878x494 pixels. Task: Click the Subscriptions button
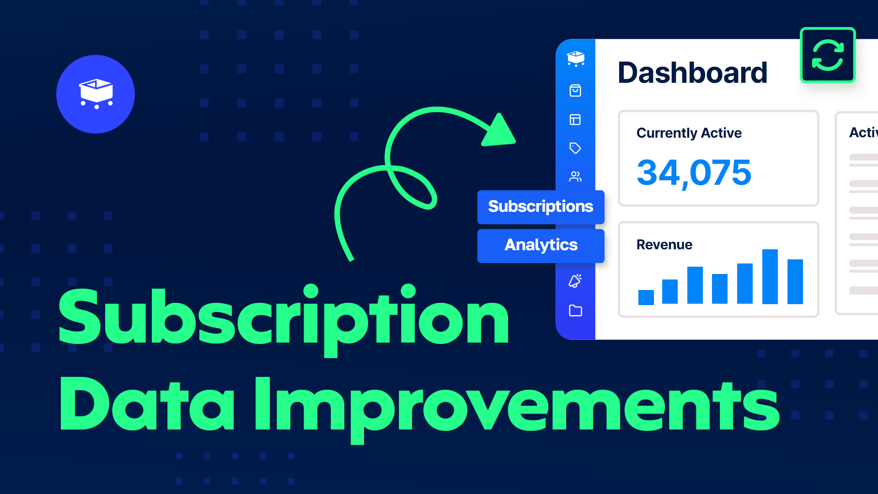click(541, 207)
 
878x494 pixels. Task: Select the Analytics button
click(541, 246)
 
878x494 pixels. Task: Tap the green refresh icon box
click(828, 55)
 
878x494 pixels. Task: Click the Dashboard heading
click(692, 73)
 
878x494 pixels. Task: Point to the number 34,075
click(694, 173)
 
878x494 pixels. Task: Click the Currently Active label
click(689, 133)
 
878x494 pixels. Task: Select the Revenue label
click(664, 245)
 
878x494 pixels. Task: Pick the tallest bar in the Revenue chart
click(770, 276)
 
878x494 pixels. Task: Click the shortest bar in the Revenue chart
click(646, 297)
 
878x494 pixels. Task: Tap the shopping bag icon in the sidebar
click(575, 91)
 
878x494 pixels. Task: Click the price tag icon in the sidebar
click(575, 148)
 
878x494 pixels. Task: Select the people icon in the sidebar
click(575, 177)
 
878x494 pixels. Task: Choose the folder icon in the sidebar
click(575, 311)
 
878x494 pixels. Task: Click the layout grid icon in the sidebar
click(575, 120)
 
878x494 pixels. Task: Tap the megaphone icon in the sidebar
click(575, 281)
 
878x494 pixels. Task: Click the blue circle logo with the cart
click(96, 94)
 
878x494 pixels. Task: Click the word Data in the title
click(146, 405)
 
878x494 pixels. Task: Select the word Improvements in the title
click(517, 405)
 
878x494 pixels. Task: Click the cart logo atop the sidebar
click(576, 59)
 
